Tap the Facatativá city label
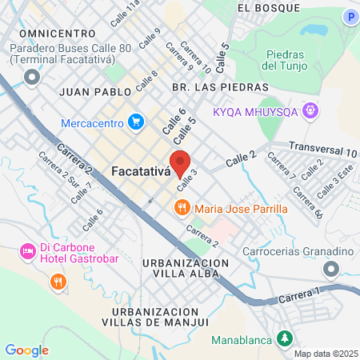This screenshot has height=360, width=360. pyautogui.click(x=142, y=171)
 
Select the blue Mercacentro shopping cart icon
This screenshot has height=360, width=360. pyautogui.click(x=136, y=122)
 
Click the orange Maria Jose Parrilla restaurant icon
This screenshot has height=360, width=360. pyautogui.click(x=182, y=208)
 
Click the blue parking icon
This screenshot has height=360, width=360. pyautogui.click(x=349, y=16)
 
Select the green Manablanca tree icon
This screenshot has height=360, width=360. pyautogui.click(x=283, y=339)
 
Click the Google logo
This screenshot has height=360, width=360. pyautogui.click(x=26, y=350)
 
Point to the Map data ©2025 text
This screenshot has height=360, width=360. pyautogui.click(x=326, y=354)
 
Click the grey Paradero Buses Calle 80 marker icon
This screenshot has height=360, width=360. pyautogui.click(x=32, y=77)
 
